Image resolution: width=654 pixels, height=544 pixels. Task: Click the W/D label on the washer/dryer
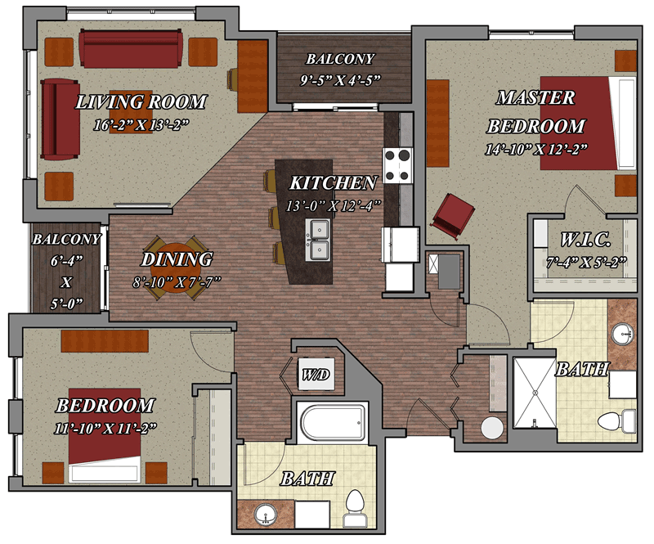(316, 375)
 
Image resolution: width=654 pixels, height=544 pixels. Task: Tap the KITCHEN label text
(334, 183)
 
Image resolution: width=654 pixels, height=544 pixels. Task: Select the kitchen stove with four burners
(398, 166)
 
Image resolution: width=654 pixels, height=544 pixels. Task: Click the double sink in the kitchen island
(317, 240)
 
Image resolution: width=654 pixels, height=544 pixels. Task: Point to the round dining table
(176, 268)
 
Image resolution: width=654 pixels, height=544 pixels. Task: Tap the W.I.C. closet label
(585, 240)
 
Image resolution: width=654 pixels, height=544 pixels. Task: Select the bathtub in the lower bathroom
(333, 423)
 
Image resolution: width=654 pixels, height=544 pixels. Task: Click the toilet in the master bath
(616, 420)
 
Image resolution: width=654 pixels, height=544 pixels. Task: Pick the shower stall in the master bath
(535, 393)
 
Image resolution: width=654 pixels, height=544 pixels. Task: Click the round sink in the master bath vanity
(623, 335)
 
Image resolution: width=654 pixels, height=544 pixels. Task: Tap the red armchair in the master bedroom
(454, 216)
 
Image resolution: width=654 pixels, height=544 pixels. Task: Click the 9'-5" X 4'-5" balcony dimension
(340, 79)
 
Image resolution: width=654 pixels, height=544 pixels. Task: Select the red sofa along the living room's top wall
(131, 48)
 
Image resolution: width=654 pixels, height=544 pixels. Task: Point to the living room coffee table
(131, 112)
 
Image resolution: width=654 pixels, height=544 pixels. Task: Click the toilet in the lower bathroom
(355, 508)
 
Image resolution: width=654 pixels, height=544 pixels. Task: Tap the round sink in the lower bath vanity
(266, 515)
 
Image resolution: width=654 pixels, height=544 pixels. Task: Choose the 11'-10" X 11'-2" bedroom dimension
(105, 429)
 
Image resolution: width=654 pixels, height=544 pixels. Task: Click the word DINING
(177, 259)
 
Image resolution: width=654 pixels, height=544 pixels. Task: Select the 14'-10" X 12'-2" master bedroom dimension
(536, 150)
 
